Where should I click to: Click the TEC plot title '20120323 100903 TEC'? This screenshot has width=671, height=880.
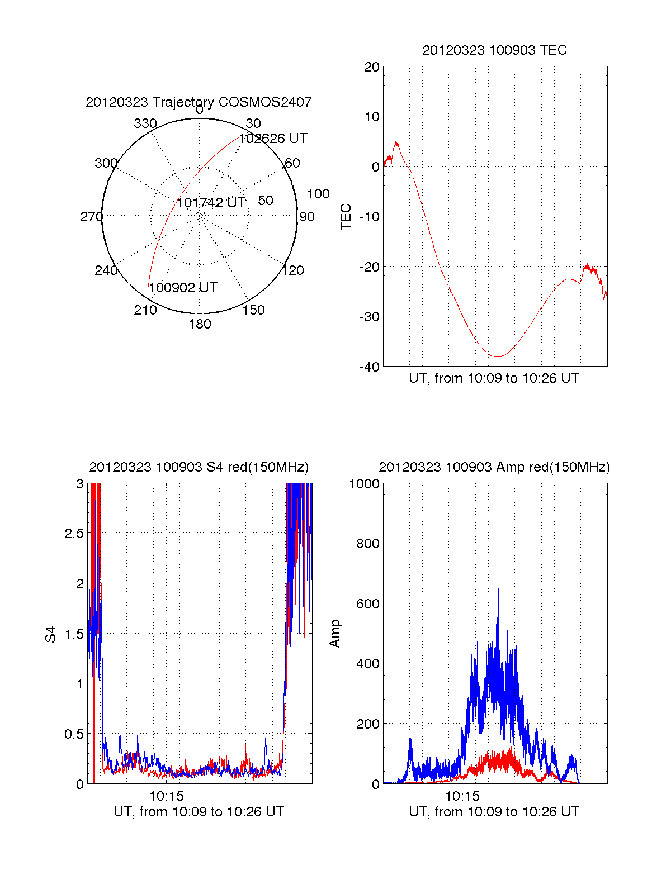point(494,50)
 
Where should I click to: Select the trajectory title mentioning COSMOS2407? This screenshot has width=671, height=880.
point(199,102)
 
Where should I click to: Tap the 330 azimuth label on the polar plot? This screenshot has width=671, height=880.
point(145,123)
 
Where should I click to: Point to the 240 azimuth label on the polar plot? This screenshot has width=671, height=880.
point(106,270)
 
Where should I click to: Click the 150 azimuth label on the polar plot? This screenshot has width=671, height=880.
point(253,310)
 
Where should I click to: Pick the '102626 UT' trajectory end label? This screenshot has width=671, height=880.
point(273,139)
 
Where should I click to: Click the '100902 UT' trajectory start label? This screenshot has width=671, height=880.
point(183,288)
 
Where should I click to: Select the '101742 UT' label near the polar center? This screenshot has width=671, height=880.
point(211,203)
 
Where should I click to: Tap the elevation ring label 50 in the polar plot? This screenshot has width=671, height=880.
point(266,201)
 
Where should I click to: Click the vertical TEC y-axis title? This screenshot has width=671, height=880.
point(346,216)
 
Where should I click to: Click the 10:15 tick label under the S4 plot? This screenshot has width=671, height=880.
point(167,796)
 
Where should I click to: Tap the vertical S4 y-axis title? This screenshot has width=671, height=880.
point(51,634)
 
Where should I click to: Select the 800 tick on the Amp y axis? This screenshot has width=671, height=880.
point(368,544)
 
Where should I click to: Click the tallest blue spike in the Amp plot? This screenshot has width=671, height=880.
point(498,590)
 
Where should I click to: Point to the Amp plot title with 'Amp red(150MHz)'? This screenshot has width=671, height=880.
point(494,467)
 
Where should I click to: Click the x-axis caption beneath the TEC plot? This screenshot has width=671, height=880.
point(494,378)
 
